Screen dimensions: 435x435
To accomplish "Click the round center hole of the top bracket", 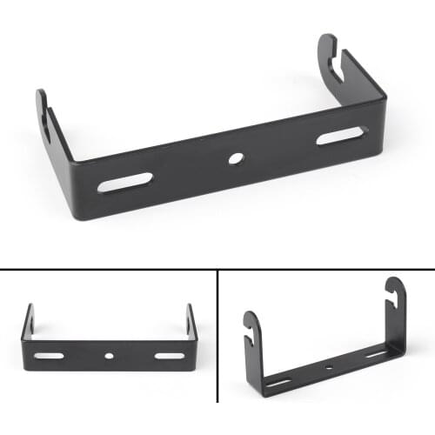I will (235, 159).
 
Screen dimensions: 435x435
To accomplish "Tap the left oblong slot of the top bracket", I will (124, 182).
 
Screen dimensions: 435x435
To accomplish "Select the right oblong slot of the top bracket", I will (341, 135).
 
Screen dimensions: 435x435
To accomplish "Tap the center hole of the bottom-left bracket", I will (109, 356).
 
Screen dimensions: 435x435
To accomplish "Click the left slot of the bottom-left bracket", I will (50, 356).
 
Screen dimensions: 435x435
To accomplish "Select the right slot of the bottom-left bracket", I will (169, 355).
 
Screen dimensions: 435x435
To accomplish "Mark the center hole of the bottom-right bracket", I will (330, 369).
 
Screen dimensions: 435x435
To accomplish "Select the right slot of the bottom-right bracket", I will (377, 355).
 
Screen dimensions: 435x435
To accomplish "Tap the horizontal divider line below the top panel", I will (217, 270).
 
